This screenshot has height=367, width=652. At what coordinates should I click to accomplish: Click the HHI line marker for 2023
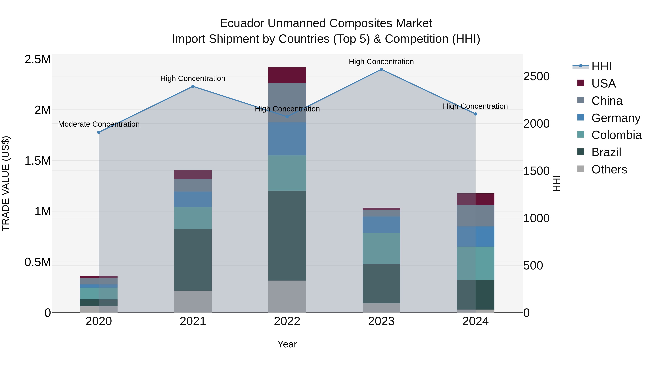point(381,69)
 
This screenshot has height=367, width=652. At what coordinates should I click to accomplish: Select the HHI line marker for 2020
point(99,132)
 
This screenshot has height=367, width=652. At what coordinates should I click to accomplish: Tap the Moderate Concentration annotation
point(99,124)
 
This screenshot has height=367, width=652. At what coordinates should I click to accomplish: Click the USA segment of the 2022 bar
point(287,75)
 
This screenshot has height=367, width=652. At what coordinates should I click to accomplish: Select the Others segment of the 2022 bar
point(287,296)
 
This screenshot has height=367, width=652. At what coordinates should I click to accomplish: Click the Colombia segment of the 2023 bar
point(381,248)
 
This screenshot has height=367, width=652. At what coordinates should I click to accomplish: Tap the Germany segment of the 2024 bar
point(475,237)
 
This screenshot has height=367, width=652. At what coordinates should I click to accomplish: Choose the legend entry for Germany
point(616,118)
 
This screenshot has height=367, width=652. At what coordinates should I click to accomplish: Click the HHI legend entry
point(601,66)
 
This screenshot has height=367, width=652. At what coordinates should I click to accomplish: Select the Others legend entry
point(609,169)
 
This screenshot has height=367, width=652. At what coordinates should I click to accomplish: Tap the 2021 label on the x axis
point(193,321)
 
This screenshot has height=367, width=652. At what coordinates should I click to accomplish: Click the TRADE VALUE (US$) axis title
point(6,183)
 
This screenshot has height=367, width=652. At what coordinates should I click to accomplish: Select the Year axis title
point(287,344)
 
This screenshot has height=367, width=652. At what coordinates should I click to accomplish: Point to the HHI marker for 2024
point(475,114)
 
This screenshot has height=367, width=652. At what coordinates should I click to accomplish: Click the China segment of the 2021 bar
point(193,185)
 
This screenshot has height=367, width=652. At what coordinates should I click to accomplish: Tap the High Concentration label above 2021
point(193,78)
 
